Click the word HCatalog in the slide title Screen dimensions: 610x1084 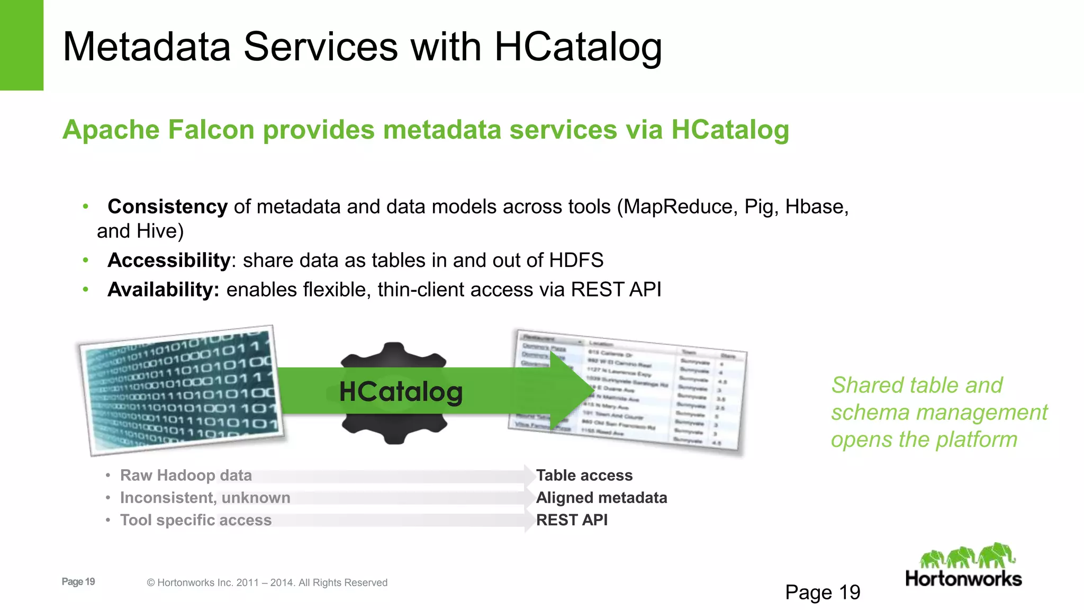(x=577, y=48)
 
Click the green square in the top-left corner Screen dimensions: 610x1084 (x=21, y=45)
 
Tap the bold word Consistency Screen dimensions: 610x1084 (x=167, y=207)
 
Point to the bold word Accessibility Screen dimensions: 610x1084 (x=169, y=261)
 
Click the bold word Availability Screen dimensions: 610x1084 (x=163, y=290)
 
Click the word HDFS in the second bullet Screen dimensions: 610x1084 (x=576, y=261)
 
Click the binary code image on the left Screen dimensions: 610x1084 (x=180, y=391)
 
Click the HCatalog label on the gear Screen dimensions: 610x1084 (x=401, y=392)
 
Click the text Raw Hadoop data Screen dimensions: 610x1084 (x=186, y=476)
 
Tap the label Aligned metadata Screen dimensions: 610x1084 (x=601, y=498)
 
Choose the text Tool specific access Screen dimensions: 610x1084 (x=195, y=520)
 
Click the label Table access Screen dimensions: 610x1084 (x=584, y=476)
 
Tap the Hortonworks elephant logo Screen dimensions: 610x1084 (x=967, y=556)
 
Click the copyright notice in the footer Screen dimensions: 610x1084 (x=267, y=582)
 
